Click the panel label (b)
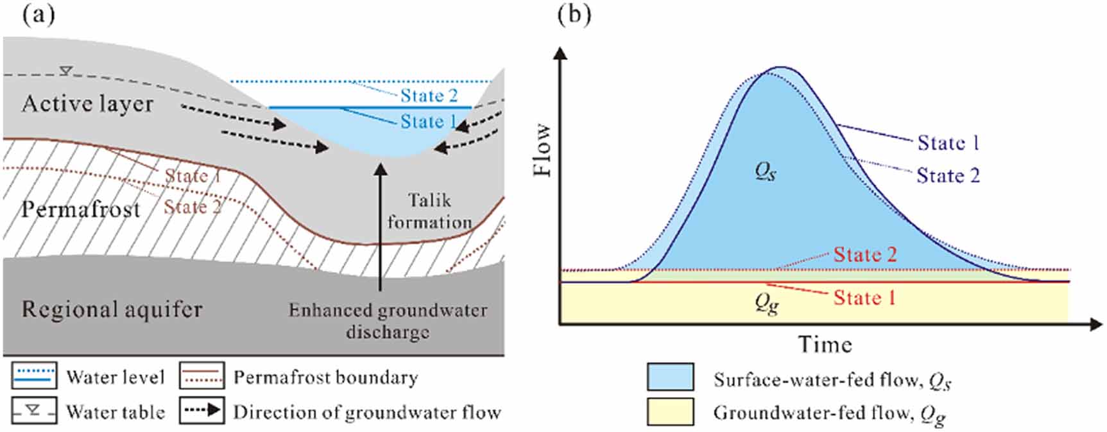click(574, 14)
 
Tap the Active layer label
click(88, 104)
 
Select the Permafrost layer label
click(80, 209)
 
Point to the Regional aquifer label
click(112, 309)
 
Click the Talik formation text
click(429, 211)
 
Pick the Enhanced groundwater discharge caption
click(388, 321)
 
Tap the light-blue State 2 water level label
click(429, 96)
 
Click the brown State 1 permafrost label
click(193, 175)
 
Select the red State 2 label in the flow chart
click(865, 254)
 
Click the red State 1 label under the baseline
click(864, 298)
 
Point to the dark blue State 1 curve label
click(948, 143)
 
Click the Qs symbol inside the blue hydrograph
click(766, 171)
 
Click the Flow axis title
click(543, 150)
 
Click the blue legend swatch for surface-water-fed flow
click(670, 377)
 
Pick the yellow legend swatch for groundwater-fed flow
click(670, 411)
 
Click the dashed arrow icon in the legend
click(202, 411)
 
